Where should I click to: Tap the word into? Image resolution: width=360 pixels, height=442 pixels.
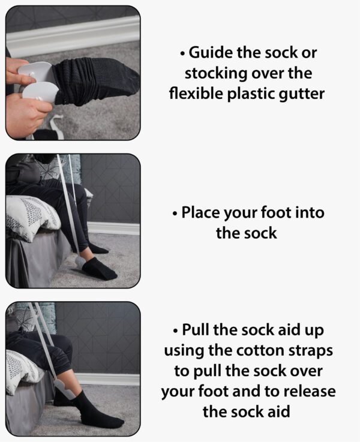pyautogui.click(x=308, y=212)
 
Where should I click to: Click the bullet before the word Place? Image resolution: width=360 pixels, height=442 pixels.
pyautogui.click(x=175, y=212)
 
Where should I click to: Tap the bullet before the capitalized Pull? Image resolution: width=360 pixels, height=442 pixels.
pyautogui.click(x=175, y=330)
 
